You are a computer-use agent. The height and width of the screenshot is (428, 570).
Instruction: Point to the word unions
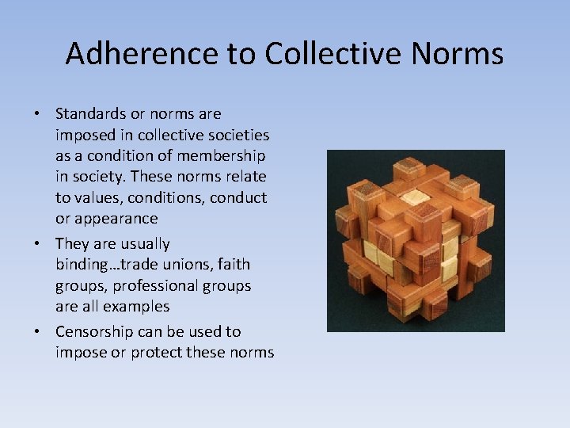coord(195,264)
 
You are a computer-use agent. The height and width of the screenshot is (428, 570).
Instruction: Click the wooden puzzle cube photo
coord(416,240)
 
